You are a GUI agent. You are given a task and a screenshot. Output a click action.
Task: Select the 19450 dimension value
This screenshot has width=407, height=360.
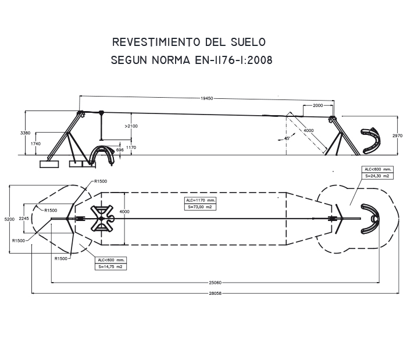pyautogui.click(x=207, y=99)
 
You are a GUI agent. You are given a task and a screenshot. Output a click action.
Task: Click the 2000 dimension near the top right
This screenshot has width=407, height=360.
pyautogui.click(x=317, y=105)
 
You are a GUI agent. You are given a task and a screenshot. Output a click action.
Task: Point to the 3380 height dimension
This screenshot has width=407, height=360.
pyautogui.click(x=25, y=133)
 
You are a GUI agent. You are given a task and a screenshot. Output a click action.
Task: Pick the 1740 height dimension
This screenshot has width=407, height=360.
pyautogui.click(x=35, y=143)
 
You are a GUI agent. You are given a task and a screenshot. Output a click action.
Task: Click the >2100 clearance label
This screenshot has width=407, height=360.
pyautogui.click(x=131, y=126)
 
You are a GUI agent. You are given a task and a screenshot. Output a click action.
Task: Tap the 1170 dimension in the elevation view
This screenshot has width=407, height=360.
pyautogui.click(x=131, y=148)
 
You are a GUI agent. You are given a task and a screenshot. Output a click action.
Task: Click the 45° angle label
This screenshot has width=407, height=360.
pyautogui.click(x=287, y=138)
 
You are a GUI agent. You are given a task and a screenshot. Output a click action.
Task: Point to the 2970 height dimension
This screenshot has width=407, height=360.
pyautogui.click(x=397, y=136)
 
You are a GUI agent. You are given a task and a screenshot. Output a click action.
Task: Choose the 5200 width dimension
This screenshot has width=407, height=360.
pyautogui.click(x=9, y=219)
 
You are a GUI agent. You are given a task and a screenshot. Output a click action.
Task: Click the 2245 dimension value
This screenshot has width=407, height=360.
pyautogui.click(x=24, y=219)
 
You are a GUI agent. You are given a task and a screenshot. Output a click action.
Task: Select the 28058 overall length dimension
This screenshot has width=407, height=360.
pyautogui.click(x=215, y=293)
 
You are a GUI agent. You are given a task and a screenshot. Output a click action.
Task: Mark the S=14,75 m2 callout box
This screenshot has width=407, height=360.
pyautogui.click(x=110, y=266)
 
